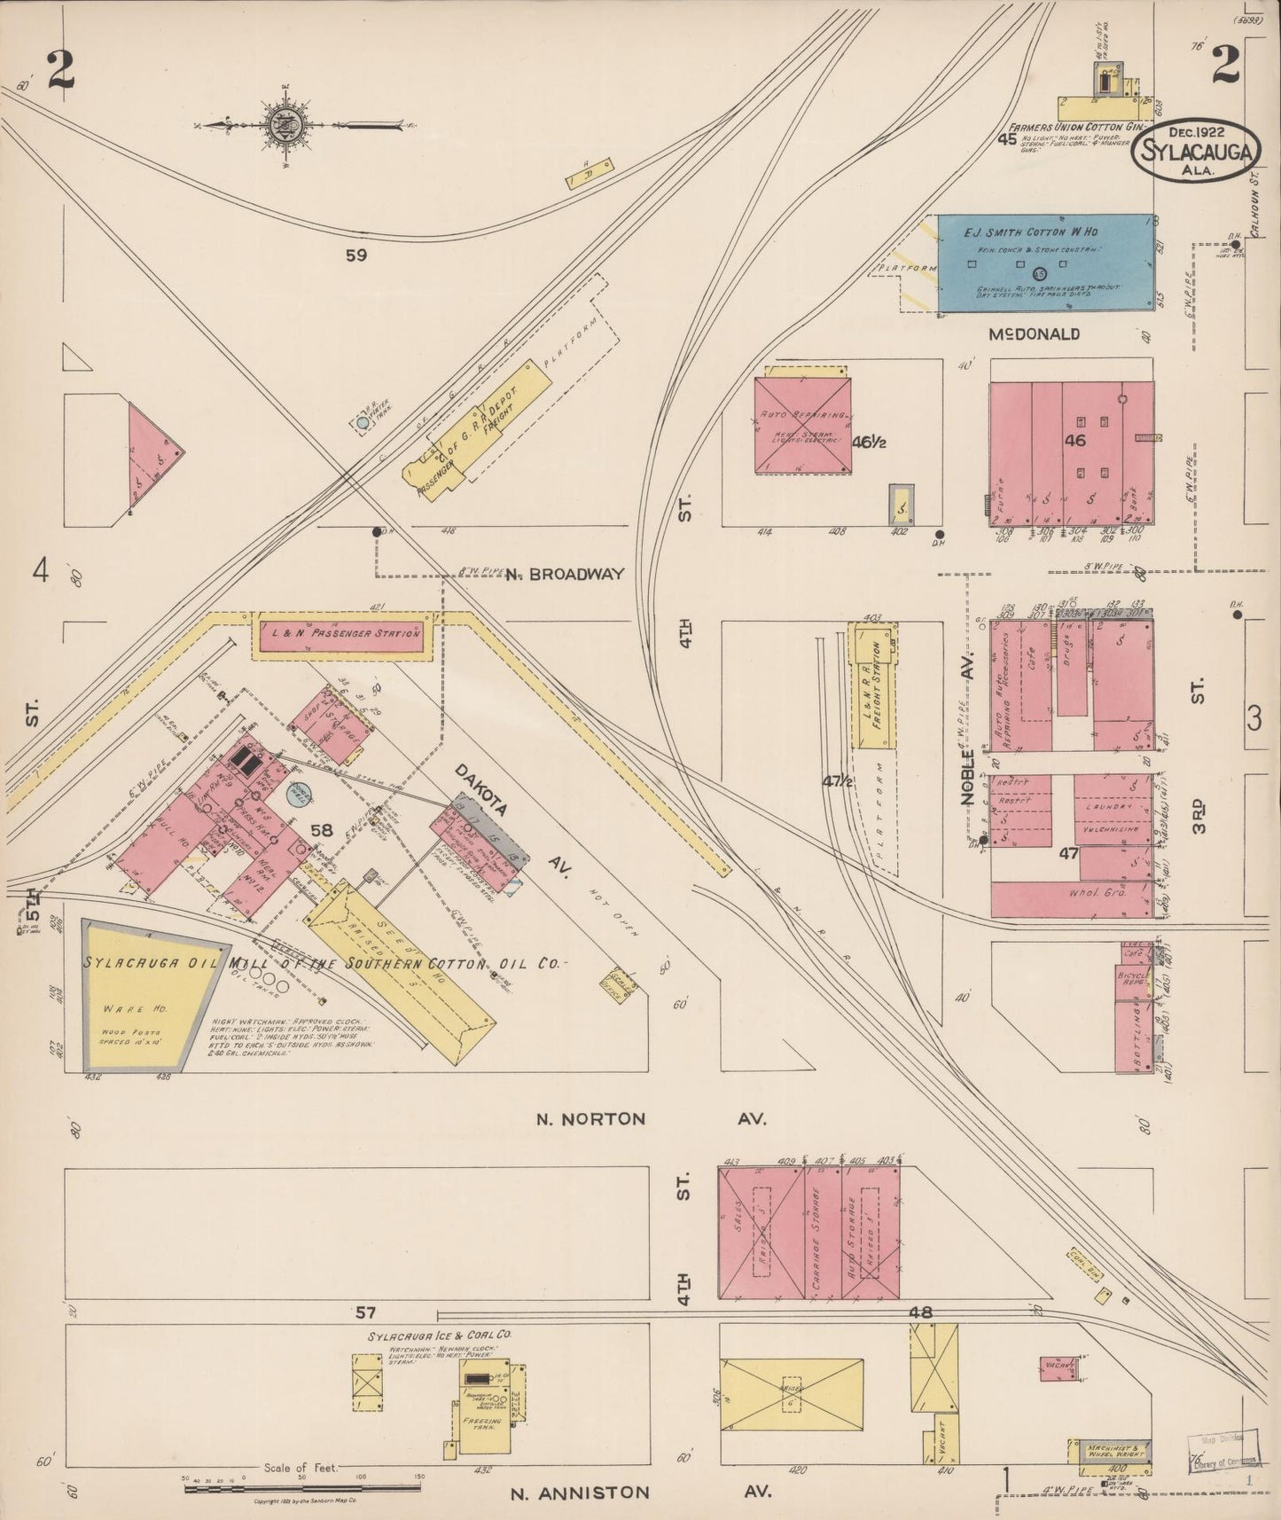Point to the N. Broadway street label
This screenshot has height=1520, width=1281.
point(565,574)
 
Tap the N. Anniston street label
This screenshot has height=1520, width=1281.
point(579,1493)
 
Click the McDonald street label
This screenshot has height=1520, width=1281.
point(1035,334)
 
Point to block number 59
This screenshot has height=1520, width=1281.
point(356,255)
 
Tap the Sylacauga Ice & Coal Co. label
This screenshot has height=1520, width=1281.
point(439,1335)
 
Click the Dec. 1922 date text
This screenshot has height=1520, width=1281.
point(1197,131)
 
